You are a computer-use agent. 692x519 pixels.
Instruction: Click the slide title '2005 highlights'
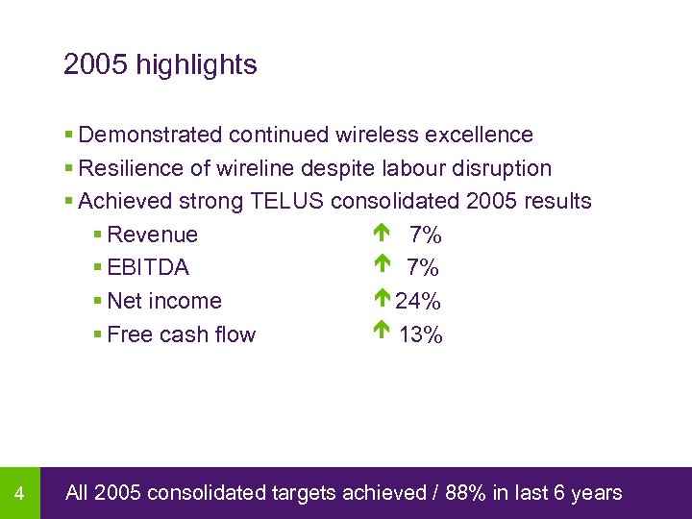[x=160, y=65]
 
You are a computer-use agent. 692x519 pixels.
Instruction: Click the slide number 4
[x=19, y=494]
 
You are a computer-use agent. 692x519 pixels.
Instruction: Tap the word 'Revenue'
[x=152, y=235]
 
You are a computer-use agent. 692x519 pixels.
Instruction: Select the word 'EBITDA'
[x=148, y=268]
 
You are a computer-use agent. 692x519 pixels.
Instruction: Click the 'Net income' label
[x=164, y=301]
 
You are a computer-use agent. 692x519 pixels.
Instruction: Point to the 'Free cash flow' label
[x=181, y=334]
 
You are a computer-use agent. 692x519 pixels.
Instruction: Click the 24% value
[x=418, y=302]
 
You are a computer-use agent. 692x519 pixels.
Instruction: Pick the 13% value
[x=421, y=335]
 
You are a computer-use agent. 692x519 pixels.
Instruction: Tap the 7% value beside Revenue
[x=425, y=235]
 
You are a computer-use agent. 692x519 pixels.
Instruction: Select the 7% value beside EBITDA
[x=423, y=268]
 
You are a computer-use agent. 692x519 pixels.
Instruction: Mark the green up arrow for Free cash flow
[x=382, y=333]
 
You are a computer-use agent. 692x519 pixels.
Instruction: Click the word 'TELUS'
[x=287, y=202]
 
